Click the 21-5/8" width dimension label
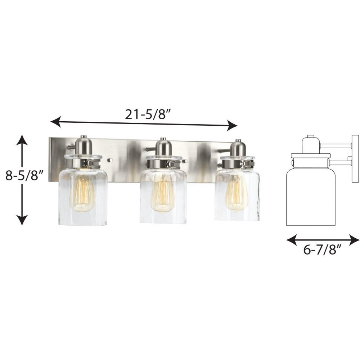(x=148, y=114)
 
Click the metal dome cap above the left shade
(x=84, y=145)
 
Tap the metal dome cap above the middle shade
(x=163, y=147)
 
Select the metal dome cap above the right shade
(x=238, y=148)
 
